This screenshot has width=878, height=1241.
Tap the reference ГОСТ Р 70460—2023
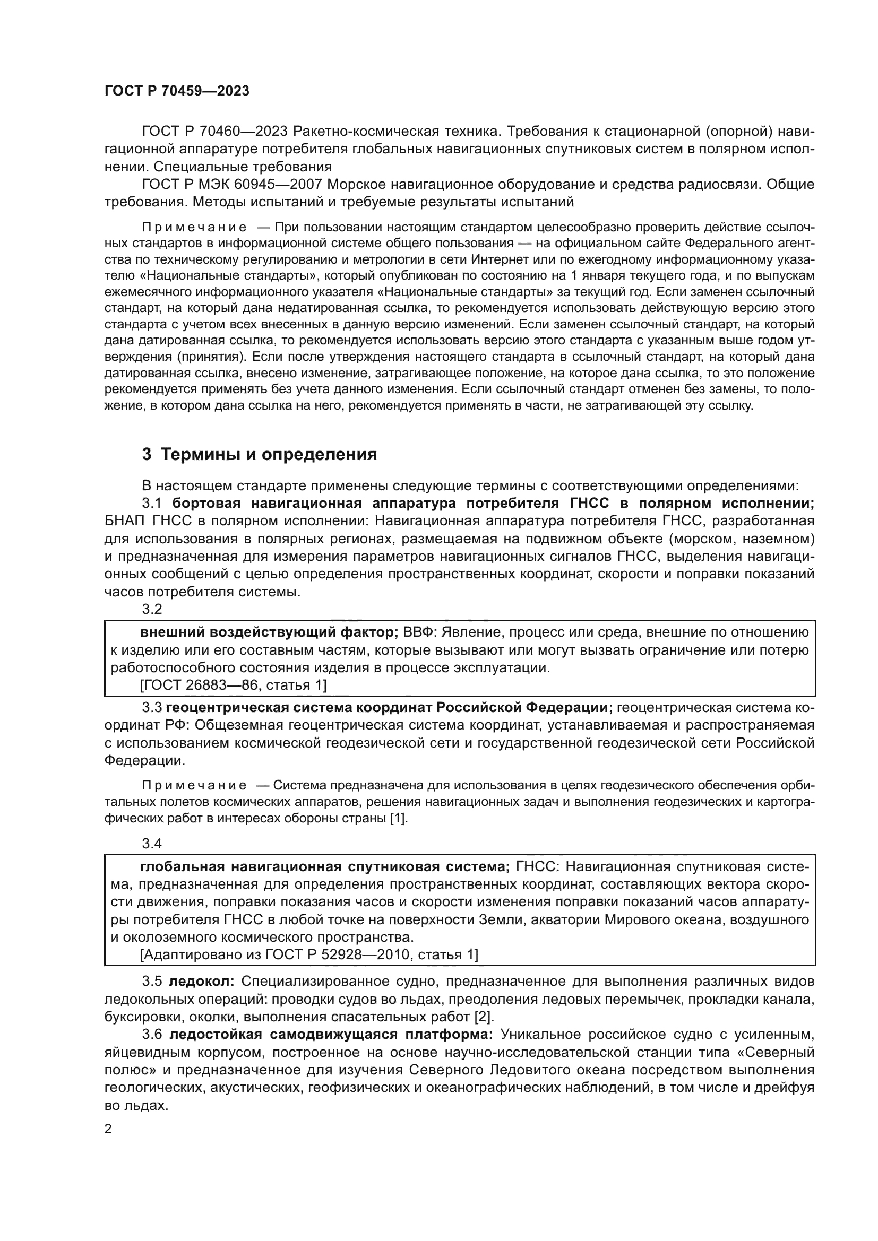pyautogui.click(x=215, y=132)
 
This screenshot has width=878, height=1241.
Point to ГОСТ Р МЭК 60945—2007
pyautogui.click(x=232, y=184)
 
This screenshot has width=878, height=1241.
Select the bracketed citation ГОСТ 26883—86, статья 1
pyautogui.click(x=233, y=685)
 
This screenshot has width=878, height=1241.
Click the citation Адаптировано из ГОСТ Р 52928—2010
pyautogui.click(x=309, y=954)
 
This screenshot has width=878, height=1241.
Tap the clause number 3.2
pyautogui.click(x=152, y=609)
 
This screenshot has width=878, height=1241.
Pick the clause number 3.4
pyautogui.click(x=152, y=843)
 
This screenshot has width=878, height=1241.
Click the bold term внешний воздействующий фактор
pyautogui.click(x=269, y=632)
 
